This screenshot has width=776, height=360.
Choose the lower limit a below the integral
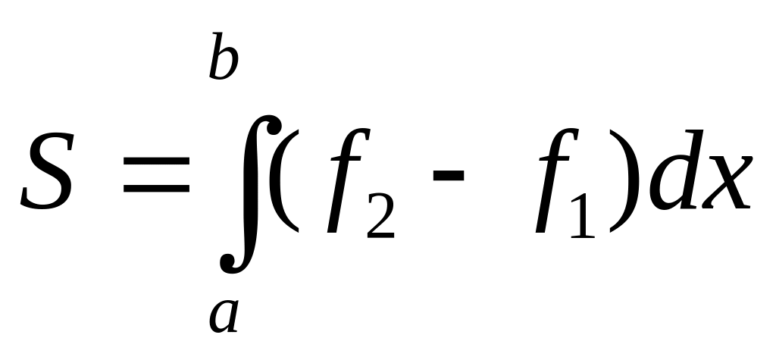point(224,317)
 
